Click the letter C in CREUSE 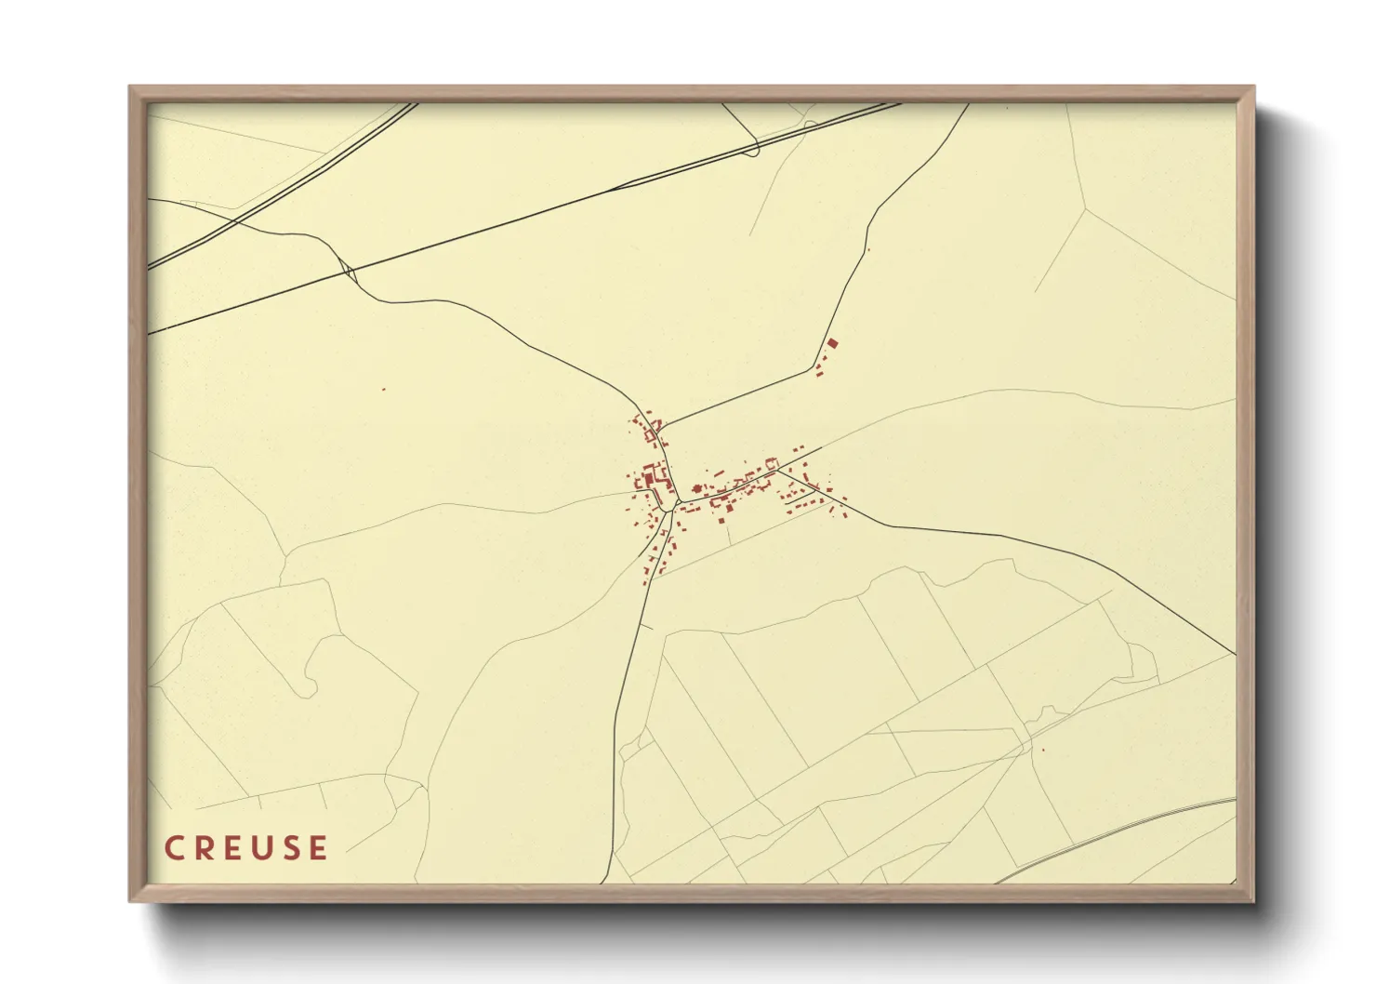(174, 848)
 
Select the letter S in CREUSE (291, 848)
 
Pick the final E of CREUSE (319, 848)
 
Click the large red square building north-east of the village (832, 343)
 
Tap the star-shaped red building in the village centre (696, 488)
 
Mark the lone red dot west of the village (383, 389)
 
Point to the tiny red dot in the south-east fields (1043, 751)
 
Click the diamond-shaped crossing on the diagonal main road (349, 272)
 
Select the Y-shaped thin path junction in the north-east (1086, 208)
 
